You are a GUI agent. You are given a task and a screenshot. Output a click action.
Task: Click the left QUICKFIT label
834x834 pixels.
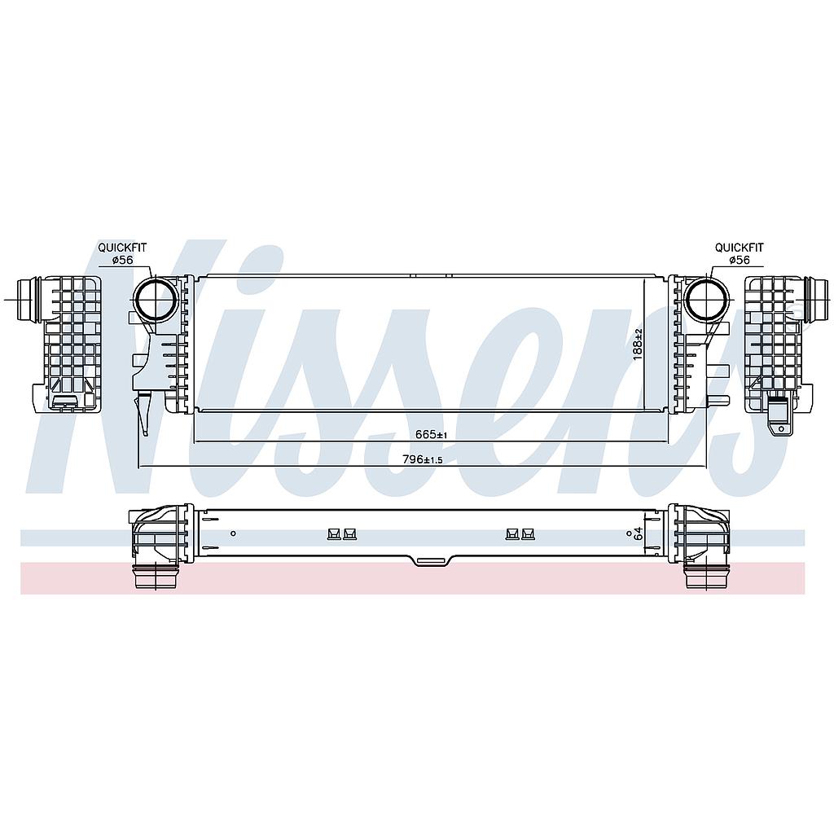click(122, 248)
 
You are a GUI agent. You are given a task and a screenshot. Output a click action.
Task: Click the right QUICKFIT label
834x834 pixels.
click(739, 248)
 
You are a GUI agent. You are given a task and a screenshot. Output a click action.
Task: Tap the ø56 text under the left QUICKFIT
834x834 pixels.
click(122, 260)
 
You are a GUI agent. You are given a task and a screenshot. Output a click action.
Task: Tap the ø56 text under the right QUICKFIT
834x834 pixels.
click(740, 260)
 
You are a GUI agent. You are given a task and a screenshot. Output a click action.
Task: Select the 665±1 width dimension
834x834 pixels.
click(432, 435)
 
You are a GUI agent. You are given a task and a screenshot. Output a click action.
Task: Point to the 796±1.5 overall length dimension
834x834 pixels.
click(423, 459)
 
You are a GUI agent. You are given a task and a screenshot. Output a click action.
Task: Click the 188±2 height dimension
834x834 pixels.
click(639, 345)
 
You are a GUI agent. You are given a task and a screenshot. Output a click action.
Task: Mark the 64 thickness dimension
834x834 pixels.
click(639, 533)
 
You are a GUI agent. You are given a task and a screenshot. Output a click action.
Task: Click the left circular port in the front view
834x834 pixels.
click(153, 301)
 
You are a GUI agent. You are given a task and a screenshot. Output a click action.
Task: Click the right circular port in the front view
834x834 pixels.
click(705, 300)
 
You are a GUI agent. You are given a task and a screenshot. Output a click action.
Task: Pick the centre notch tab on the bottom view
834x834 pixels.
click(432, 560)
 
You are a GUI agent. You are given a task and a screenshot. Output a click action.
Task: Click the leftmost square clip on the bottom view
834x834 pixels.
click(333, 533)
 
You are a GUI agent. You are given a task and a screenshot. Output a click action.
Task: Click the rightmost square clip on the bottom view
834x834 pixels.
click(528, 533)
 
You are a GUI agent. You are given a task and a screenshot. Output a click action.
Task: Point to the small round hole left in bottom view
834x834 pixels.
click(234, 533)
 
